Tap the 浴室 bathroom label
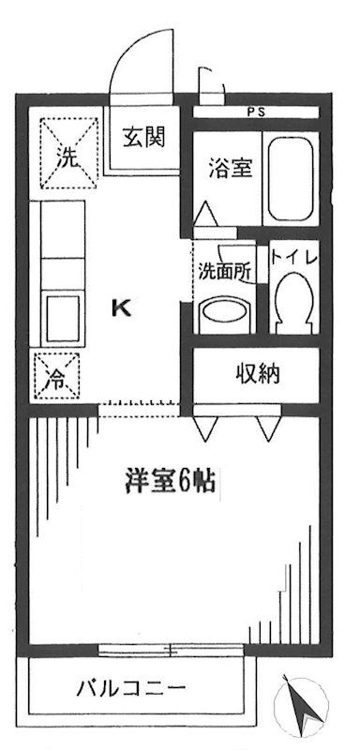point(231,168)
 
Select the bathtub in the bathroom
point(291,179)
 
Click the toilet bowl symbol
point(292,302)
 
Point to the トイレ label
point(294,258)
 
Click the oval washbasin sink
point(225,314)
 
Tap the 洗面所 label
point(226,272)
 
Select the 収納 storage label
point(258,374)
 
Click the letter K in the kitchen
point(122,307)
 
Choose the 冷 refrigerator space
point(57,376)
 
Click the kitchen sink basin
point(62,317)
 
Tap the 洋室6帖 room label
point(170,482)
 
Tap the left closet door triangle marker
point(205,428)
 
